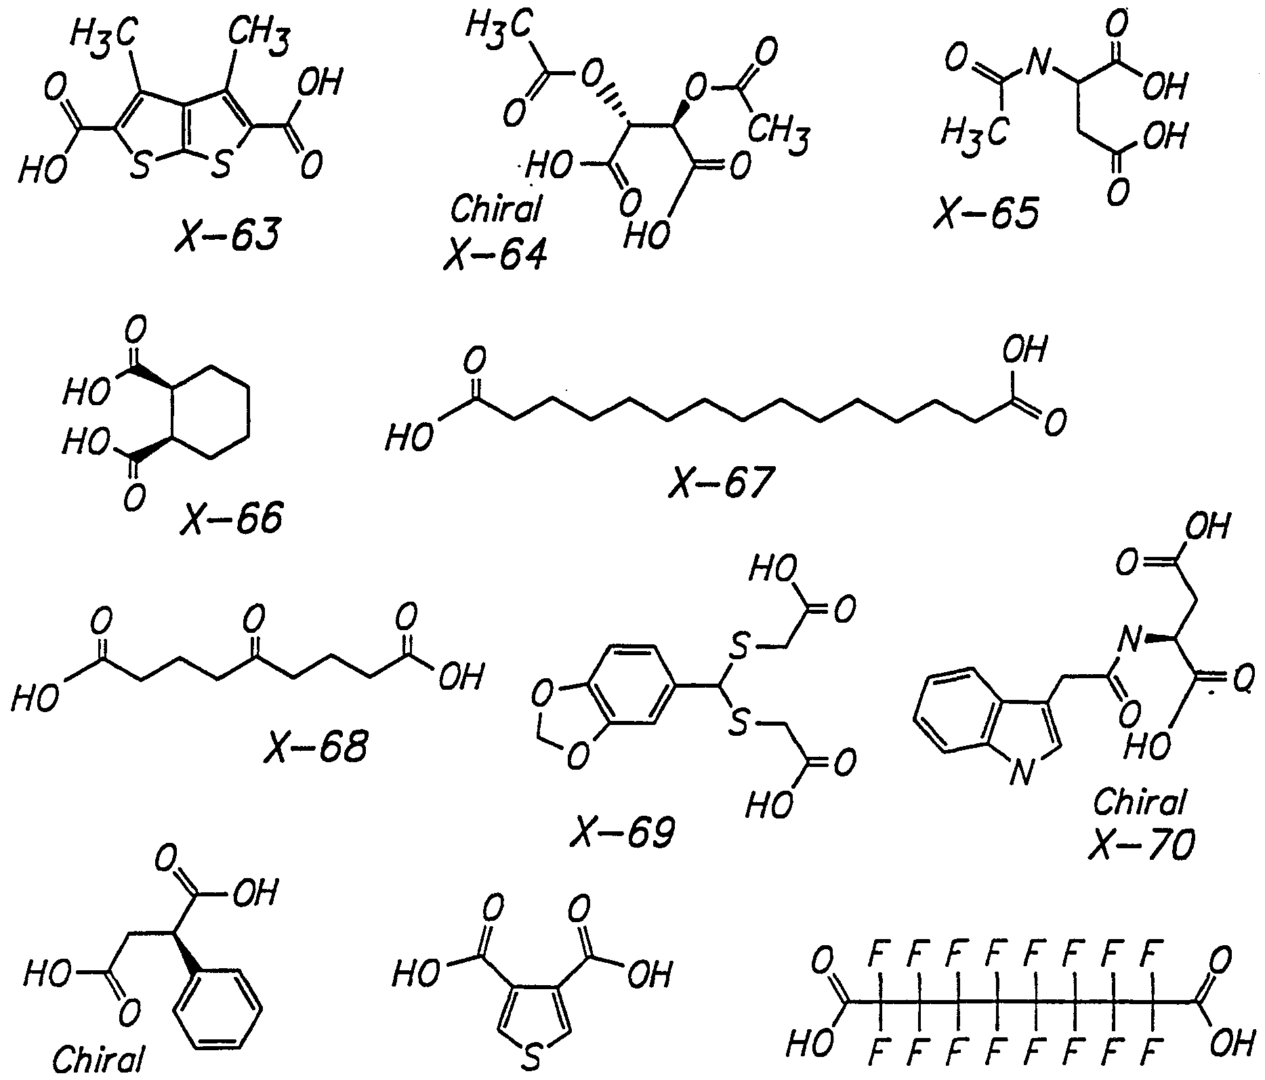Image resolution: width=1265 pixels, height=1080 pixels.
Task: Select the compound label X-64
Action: [x=494, y=255]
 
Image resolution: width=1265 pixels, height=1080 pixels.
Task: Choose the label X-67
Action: [x=720, y=482]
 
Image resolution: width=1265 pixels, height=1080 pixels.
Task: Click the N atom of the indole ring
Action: [x=1022, y=771]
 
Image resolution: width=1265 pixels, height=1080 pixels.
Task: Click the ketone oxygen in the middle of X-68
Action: [x=254, y=619]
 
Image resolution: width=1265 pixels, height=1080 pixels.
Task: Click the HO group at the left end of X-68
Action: [x=35, y=696]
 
